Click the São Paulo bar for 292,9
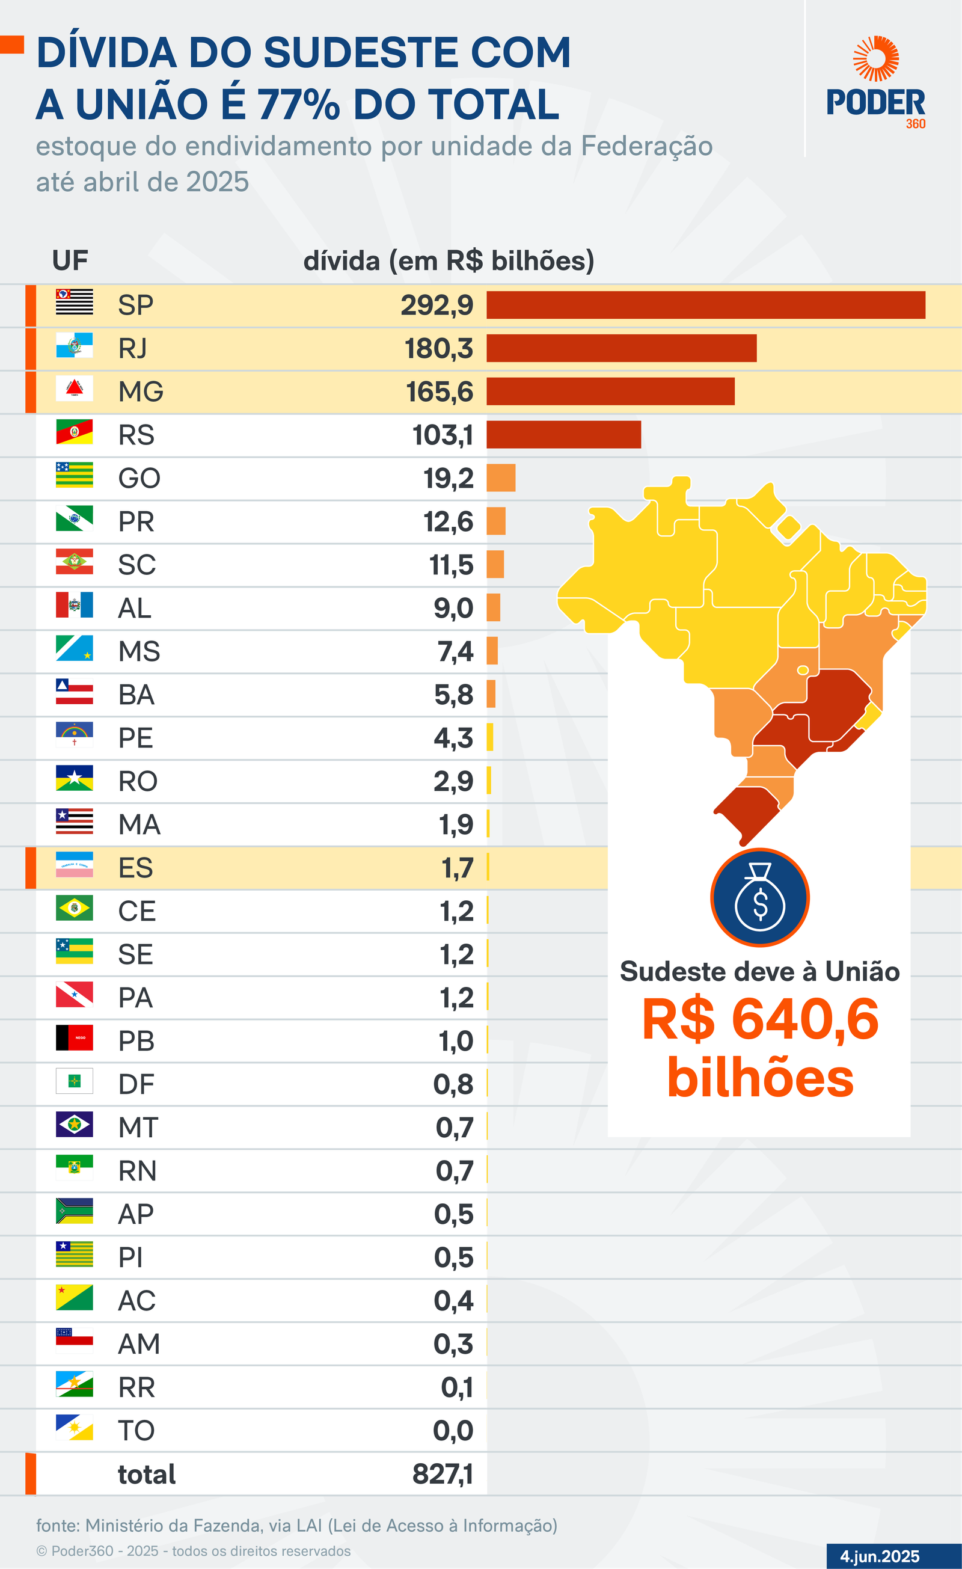coord(705,305)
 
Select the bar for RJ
coord(621,348)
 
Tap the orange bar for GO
coord(501,478)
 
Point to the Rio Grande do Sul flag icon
coord(75,432)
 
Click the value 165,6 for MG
coord(440,391)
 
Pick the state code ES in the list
coord(136,868)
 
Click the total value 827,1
coord(443,1474)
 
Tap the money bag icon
coord(760,897)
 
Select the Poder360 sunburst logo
coord(876,58)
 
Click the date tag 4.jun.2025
coord(880,1556)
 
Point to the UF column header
coord(70,260)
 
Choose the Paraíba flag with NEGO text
coord(75,1037)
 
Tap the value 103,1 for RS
coord(443,435)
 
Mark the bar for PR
coord(496,521)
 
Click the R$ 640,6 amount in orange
coord(760,1019)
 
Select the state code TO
coord(136,1431)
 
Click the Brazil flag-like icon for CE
coord(75,907)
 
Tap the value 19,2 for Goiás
coord(448,478)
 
